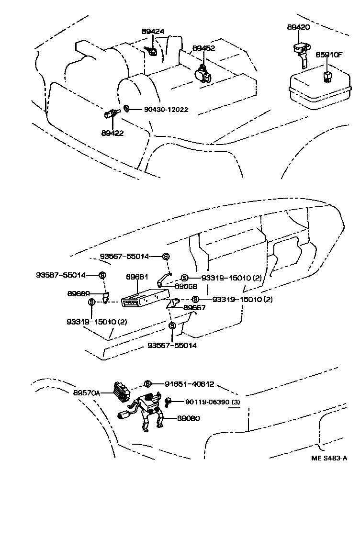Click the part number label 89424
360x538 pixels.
[153, 32]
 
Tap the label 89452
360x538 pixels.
[203, 48]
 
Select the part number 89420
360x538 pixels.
[298, 28]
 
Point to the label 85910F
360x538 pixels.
[329, 55]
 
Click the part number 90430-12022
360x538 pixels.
[166, 110]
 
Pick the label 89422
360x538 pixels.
[112, 133]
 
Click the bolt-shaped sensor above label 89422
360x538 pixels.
[111, 114]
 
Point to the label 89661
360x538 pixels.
[137, 277]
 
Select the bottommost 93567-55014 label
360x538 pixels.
[172, 345]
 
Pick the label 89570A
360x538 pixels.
[87, 392]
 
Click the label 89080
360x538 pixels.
[188, 418]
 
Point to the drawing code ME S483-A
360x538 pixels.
[329, 458]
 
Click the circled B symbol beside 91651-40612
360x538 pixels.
[148, 384]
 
